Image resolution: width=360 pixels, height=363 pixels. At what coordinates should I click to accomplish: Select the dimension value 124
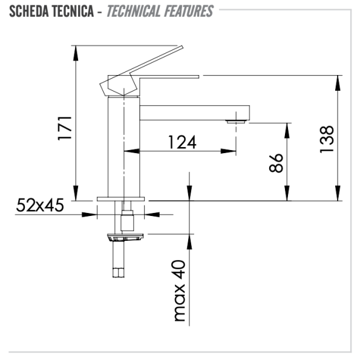click(182, 142)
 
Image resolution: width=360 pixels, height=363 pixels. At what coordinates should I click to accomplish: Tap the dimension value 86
click(276, 163)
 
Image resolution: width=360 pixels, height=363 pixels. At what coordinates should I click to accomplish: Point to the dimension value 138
click(326, 140)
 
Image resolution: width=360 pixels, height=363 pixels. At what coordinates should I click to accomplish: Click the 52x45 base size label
click(40, 206)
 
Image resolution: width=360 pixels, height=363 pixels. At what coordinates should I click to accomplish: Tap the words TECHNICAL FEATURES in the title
click(160, 11)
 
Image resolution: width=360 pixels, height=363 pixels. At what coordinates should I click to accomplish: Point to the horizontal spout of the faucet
click(194, 113)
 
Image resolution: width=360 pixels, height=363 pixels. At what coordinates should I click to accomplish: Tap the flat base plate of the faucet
click(122, 199)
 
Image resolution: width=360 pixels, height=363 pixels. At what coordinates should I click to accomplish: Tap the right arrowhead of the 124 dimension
click(232, 150)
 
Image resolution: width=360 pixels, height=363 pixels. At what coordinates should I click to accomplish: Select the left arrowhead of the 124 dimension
click(128, 150)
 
